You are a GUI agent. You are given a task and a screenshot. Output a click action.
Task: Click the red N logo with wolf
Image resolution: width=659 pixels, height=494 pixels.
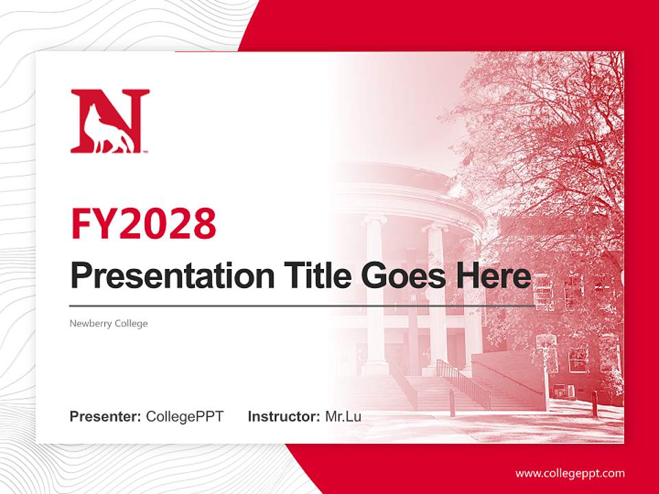pyautogui.click(x=110, y=121)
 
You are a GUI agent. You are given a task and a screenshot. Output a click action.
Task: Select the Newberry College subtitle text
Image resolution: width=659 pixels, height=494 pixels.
pyautogui.click(x=108, y=323)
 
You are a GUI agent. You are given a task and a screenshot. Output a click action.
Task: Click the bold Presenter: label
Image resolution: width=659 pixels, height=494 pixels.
pyautogui.click(x=106, y=416)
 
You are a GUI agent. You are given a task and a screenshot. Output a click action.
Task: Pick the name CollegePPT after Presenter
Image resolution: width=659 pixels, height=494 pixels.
pyautogui.click(x=185, y=416)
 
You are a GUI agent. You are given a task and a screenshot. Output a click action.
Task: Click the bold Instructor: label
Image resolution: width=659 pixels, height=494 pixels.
pyautogui.click(x=284, y=416)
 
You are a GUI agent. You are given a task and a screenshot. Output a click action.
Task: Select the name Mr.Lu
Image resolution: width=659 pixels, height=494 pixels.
pyautogui.click(x=343, y=416)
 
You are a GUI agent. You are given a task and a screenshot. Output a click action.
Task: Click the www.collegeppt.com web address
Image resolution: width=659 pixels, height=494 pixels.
pyautogui.click(x=570, y=473)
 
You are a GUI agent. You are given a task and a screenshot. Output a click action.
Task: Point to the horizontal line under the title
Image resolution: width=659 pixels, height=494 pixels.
pyautogui.click(x=302, y=306)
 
